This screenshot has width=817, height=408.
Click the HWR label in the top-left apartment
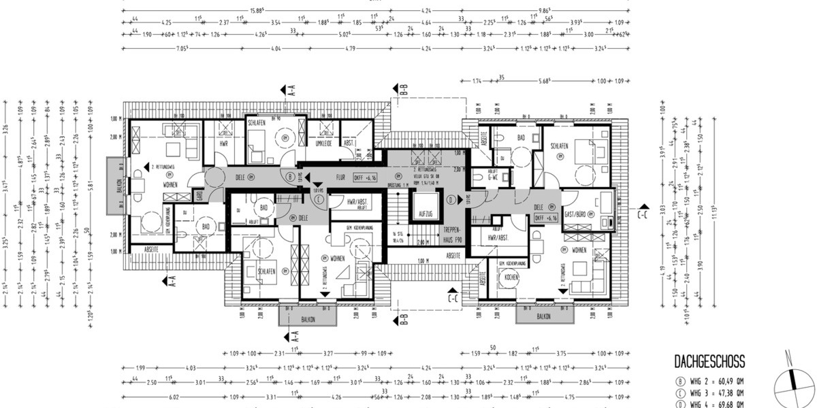(222, 143)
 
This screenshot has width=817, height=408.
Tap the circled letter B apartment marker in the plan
(291, 177)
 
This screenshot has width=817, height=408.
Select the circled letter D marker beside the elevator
(451, 200)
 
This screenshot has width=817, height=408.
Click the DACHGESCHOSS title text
(709, 362)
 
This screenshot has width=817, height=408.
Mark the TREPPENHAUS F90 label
(454, 235)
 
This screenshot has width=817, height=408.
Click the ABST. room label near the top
(349, 143)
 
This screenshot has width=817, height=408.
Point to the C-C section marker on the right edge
(643, 214)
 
